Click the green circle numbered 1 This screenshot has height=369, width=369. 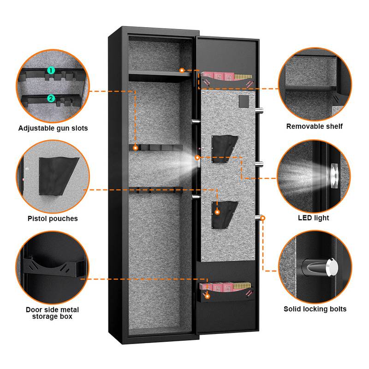(x=51, y=71)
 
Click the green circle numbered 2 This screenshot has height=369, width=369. (x=51, y=98)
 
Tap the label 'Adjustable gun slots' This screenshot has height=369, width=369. (x=53, y=128)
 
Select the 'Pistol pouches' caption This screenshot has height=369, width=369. (x=53, y=219)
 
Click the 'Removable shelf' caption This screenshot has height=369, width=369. (x=315, y=126)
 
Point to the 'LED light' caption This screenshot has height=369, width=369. (x=315, y=218)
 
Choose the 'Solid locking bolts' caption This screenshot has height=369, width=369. (x=315, y=309)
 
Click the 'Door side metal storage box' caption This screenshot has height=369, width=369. (x=53, y=313)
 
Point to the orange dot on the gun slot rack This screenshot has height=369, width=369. (x=136, y=148)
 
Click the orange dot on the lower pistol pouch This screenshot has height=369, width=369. (x=217, y=212)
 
